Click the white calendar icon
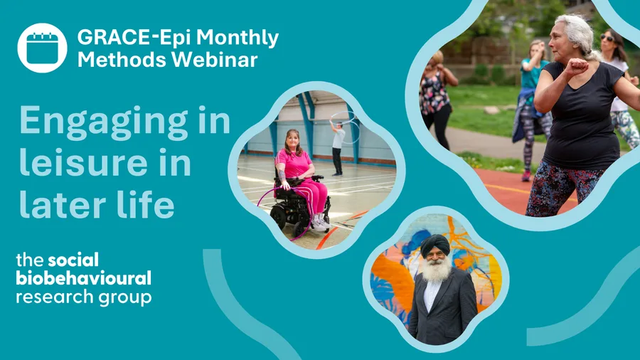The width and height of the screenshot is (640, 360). tap(42, 48)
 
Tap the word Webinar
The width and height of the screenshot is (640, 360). tap(214, 60)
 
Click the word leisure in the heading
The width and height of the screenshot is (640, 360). tap(83, 162)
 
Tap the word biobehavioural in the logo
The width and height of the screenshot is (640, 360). tap(84, 278)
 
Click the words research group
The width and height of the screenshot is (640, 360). tap(84, 297)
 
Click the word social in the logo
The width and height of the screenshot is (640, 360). tap(73, 260)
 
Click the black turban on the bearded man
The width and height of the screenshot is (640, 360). tap(435, 244)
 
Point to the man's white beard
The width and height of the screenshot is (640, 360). tap(436, 270)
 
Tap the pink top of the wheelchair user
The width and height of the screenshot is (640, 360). tap(293, 164)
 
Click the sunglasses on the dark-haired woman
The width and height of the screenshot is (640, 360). tap(607, 38)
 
